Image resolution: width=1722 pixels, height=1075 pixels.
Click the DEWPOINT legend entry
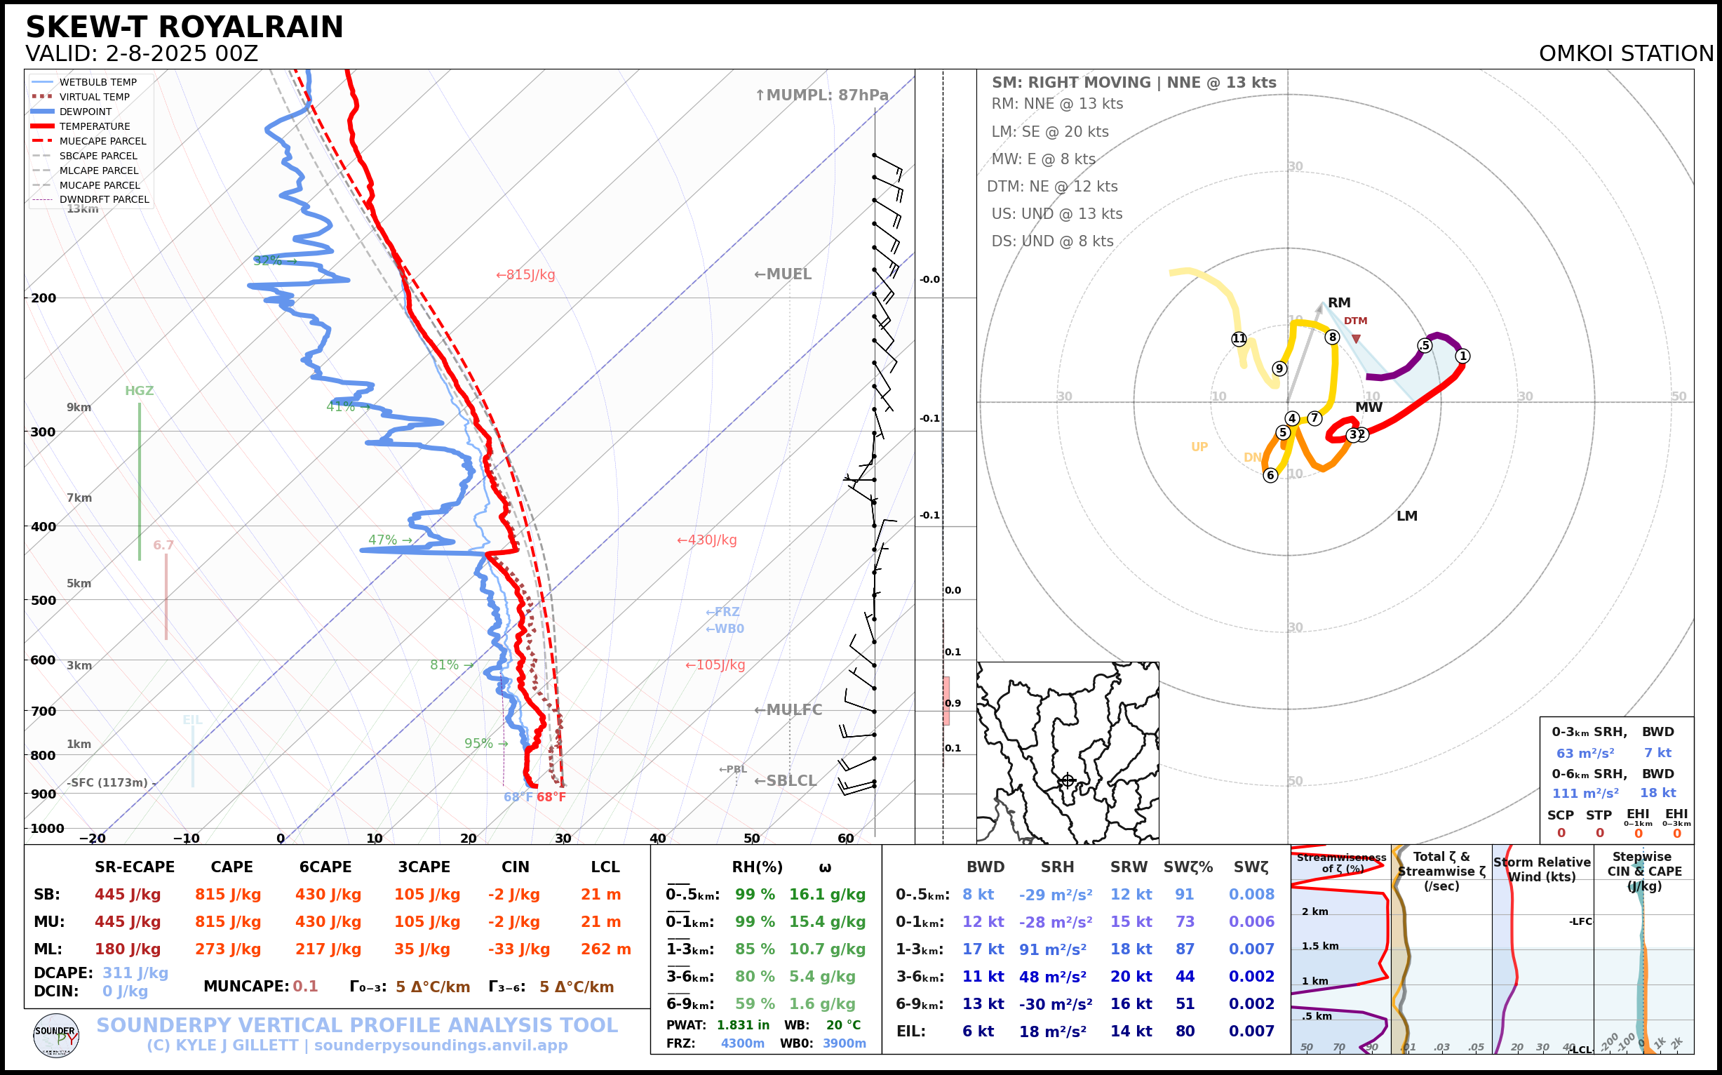(x=86, y=112)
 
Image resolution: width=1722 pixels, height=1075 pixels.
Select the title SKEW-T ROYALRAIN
(x=184, y=27)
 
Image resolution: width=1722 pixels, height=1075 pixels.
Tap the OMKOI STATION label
(x=1625, y=54)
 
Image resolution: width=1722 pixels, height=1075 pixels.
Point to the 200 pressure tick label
(x=43, y=298)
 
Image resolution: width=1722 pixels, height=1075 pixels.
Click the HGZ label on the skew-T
(x=139, y=391)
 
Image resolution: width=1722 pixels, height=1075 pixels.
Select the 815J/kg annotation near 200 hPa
(x=525, y=275)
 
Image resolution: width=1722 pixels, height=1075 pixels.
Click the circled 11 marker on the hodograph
(x=1239, y=338)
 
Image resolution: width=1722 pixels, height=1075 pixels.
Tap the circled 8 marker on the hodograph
(x=1332, y=337)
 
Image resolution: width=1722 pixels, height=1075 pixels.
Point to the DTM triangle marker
(x=1356, y=339)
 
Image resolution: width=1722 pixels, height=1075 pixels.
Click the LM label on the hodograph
(x=1406, y=516)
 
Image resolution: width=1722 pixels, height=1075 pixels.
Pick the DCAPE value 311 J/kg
(x=135, y=973)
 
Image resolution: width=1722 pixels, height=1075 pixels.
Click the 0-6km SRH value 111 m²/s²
(x=1585, y=793)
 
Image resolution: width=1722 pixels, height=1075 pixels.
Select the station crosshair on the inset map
(x=1067, y=781)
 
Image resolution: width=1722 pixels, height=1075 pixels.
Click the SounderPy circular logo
(x=55, y=1035)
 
